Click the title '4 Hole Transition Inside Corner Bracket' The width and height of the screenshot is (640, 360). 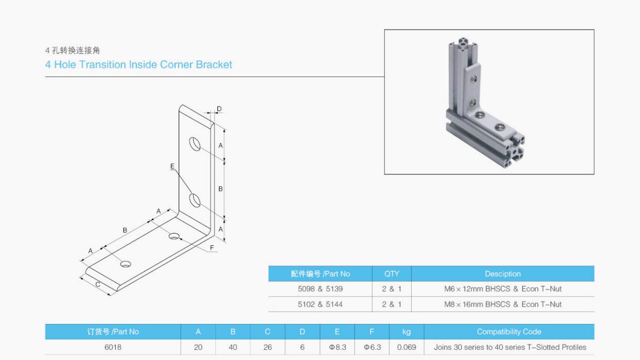click(138, 65)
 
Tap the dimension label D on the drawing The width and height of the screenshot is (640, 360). click(219, 109)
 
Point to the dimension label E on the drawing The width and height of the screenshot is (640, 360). click(172, 167)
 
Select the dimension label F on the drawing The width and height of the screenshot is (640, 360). click(212, 248)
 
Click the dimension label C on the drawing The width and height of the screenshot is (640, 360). click(98, 284)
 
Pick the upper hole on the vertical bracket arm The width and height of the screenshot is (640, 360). click(194, 144)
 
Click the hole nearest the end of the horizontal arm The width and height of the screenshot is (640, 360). click(126, 264)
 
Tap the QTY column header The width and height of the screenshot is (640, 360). click(391, 273)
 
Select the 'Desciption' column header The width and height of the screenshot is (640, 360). click(503, 273)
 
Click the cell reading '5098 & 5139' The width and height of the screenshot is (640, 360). click(320, 289)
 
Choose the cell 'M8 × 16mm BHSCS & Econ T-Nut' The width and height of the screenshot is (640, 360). click(503, 304)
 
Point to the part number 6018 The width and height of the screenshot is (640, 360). click(112, 347)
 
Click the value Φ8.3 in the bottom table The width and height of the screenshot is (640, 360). click(337, 347)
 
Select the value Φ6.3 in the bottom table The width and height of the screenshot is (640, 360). click(372, 347)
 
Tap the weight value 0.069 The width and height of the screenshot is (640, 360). click(406, 347)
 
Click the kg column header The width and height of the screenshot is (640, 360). click(406, 332)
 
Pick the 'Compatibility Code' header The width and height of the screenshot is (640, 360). click(509, 332)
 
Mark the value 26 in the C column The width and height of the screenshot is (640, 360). click(268, 347)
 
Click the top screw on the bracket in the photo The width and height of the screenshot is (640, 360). click(473, 79)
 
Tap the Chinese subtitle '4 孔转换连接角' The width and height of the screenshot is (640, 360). click(73, 51)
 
